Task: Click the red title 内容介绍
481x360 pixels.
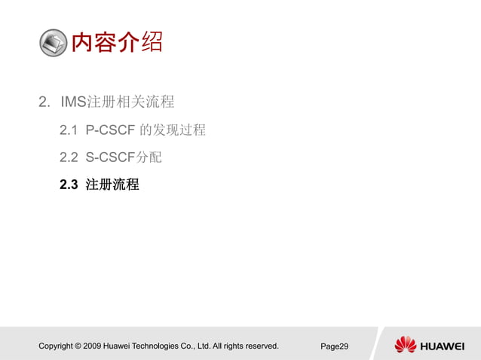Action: click(x=117, y=41)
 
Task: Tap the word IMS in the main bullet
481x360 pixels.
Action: click(x=74, y=101)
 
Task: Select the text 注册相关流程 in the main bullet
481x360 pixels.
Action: click(x=131, y=101)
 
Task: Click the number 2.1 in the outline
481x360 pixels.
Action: click(x=69, y=130)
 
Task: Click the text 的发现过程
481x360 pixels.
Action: click(x=173, y=130)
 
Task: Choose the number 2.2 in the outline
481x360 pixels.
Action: click(x=69, y=157)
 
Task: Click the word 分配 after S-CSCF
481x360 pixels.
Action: click(x=149, y=157)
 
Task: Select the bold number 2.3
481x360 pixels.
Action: click(x=69, y=185)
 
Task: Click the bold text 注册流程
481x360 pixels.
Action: click(x=112, y=185)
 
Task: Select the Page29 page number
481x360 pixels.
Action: click(x=334, y=346)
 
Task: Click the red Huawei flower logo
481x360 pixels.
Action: click(x=406, y=345)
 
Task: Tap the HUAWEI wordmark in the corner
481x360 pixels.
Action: click(x=443, y=346)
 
